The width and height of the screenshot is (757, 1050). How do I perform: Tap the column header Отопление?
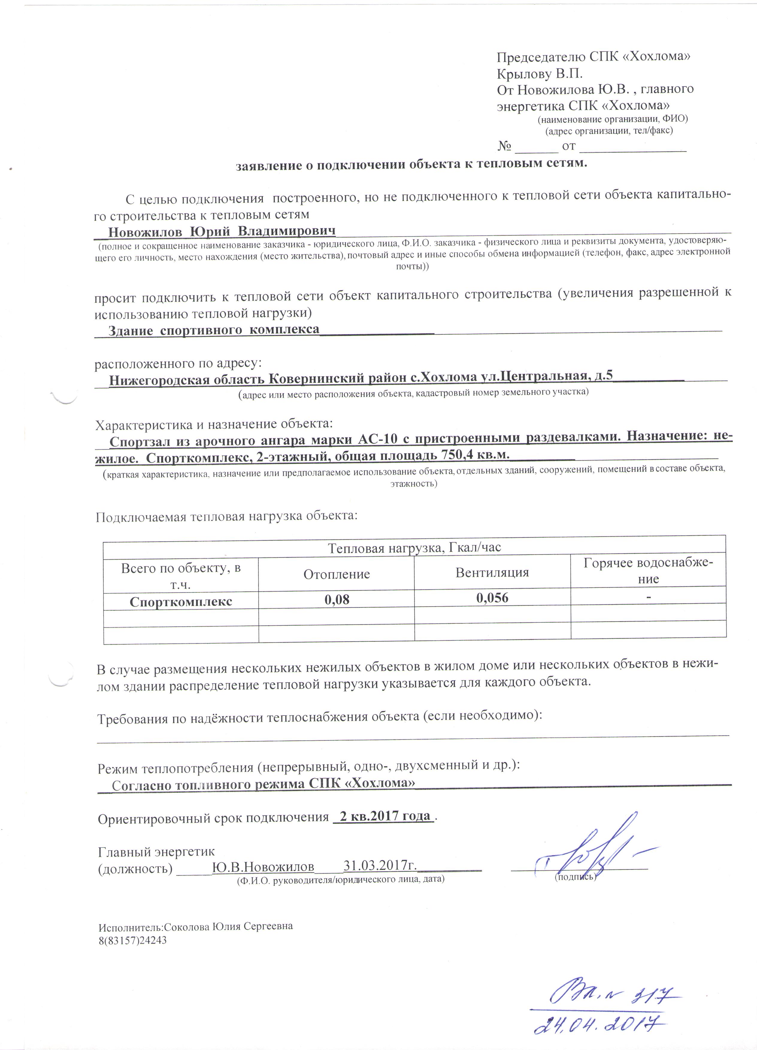tap(337, 575)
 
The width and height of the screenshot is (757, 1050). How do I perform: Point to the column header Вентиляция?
tap(492, 573)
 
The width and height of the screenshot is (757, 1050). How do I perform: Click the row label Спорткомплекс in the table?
tap(181, 602)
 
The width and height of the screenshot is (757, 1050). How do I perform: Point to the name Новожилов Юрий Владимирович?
tap(222, 231)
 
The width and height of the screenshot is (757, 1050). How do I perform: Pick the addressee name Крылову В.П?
tap(539, 74)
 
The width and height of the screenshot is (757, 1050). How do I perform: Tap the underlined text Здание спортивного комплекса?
tap(214, 330)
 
